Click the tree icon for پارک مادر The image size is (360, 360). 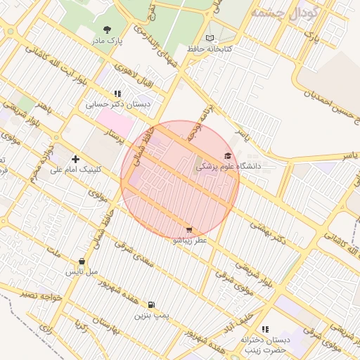107,30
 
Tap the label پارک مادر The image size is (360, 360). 107,41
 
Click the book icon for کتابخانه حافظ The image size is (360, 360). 210,38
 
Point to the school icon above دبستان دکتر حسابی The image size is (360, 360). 117,93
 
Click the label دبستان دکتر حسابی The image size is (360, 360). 117,104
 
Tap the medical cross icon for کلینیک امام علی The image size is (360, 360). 76,159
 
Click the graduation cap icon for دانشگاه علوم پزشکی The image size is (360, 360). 227,156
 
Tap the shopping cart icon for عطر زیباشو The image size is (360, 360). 189,229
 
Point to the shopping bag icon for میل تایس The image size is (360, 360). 82,261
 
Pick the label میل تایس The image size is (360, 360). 82,271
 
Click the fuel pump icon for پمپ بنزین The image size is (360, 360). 151,304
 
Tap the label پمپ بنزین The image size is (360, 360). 152,316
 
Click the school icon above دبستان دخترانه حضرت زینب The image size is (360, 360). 265,329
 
